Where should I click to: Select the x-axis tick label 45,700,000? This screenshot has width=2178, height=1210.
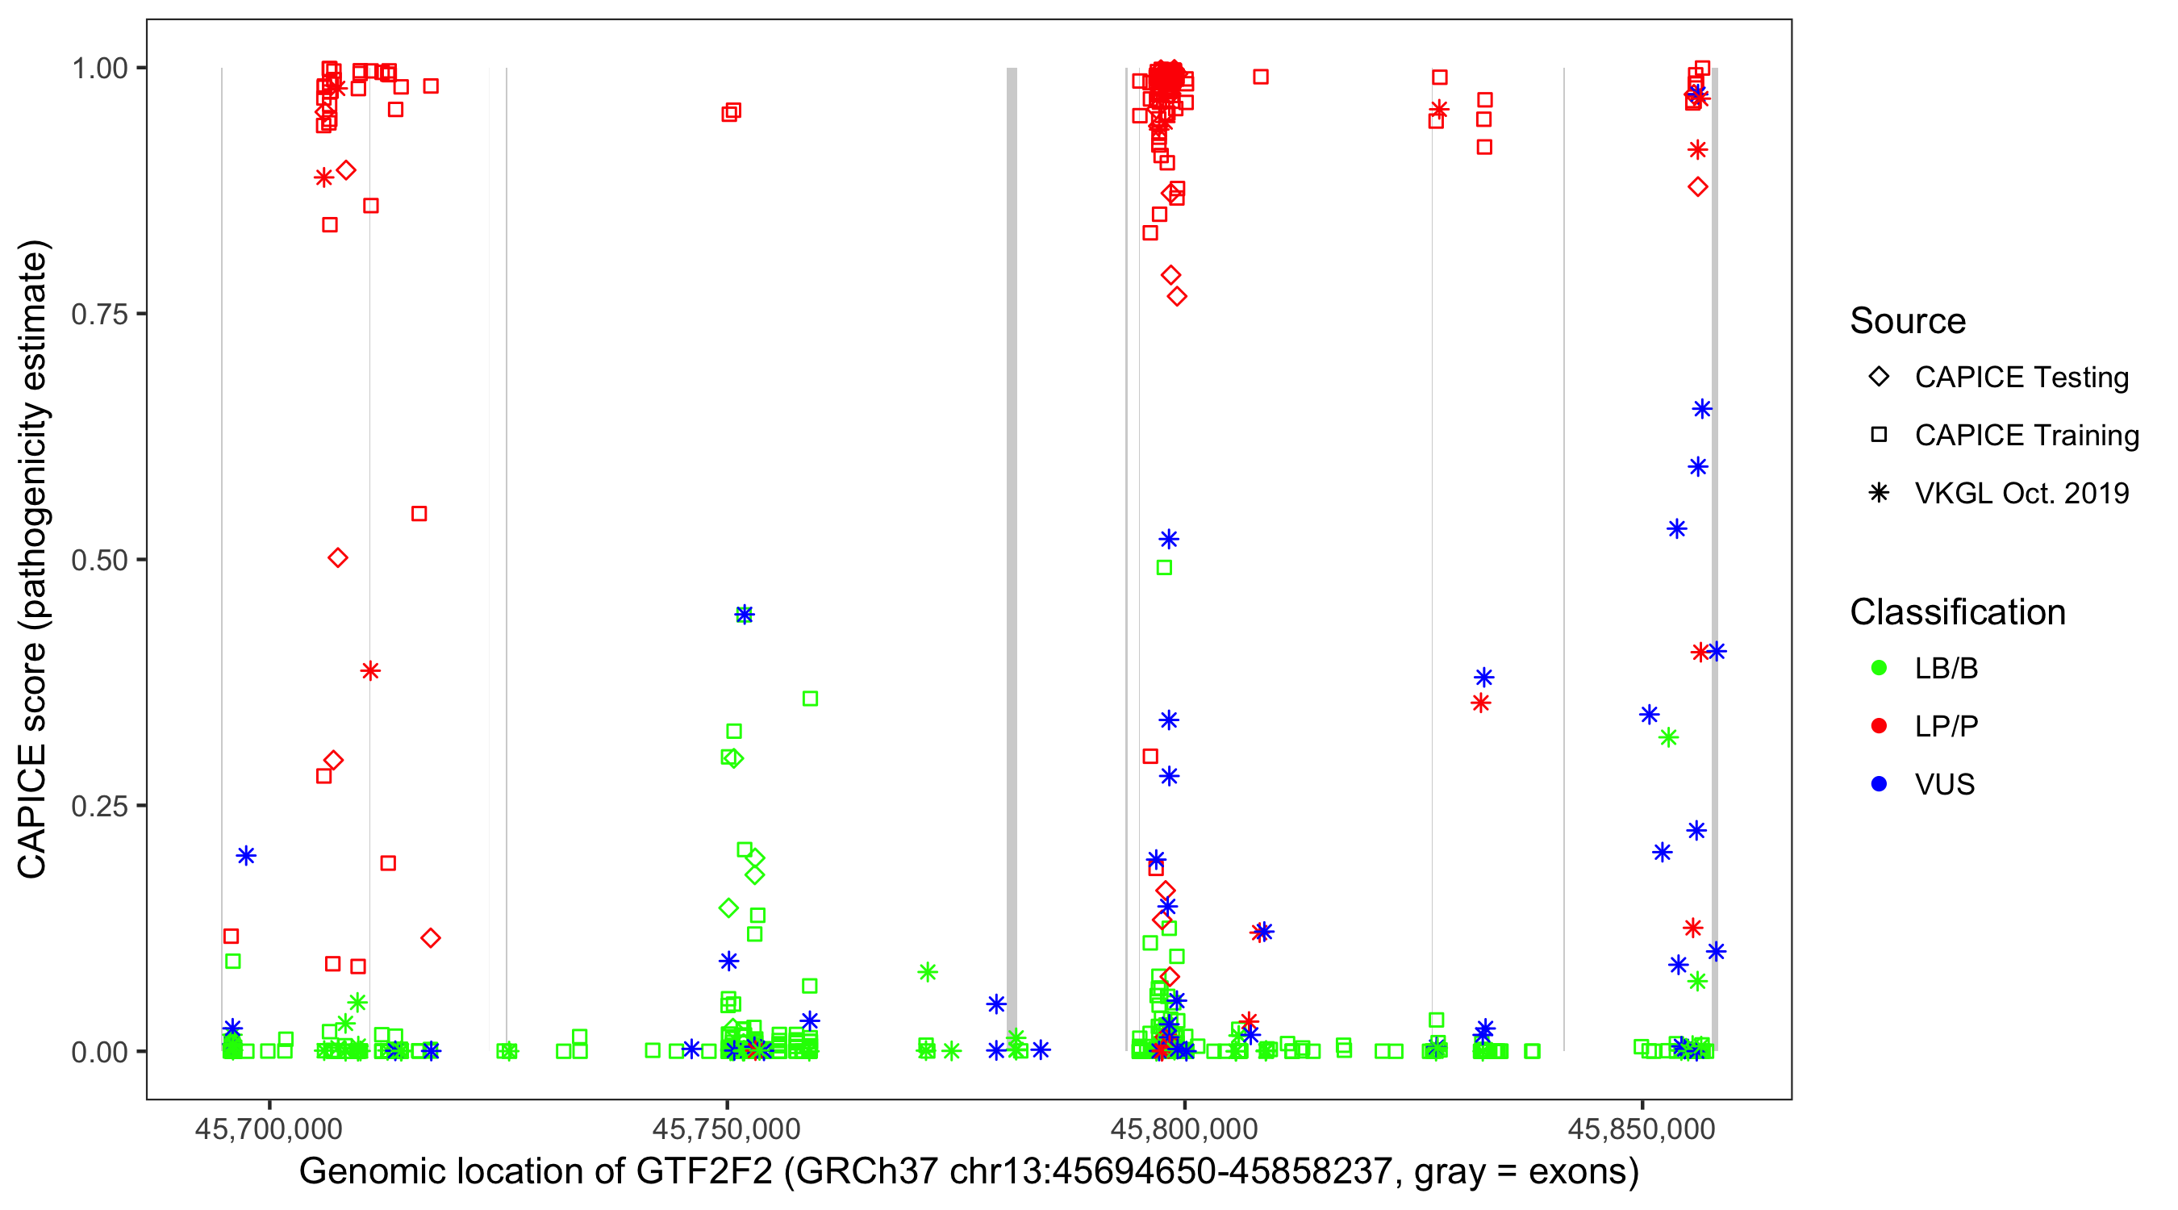269,1129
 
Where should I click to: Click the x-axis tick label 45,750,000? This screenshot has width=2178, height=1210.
726,1129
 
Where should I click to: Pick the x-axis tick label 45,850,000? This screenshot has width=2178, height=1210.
1642,1129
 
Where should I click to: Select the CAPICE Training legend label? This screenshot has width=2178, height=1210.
2026,436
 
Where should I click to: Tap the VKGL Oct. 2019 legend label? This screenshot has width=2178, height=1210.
2022,494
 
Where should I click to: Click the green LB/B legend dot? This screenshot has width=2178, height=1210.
1879,668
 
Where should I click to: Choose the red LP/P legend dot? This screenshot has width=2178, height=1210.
1879,726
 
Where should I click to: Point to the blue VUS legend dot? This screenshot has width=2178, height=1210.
1879,784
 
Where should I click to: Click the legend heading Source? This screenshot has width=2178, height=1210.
1908,321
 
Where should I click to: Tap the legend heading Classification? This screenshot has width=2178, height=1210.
1957,612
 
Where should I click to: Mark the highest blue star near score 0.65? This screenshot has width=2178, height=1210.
1702,409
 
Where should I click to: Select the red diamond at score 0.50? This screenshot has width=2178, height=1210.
337,558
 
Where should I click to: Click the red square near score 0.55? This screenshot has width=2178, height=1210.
419,514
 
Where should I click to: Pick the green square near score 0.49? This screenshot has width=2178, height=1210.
1164,567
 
